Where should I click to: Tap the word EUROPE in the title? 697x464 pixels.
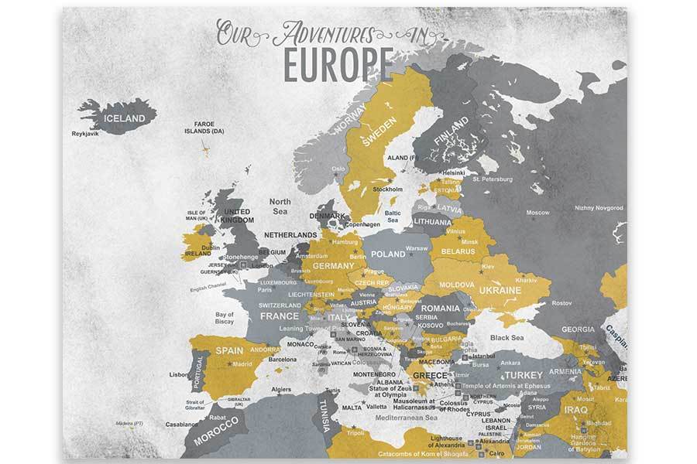click(x=337, y=65)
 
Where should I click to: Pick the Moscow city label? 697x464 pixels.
click(x=537, y=212)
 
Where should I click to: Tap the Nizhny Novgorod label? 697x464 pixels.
click(x=598, y=207)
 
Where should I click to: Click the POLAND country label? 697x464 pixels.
click(x=388, y=254)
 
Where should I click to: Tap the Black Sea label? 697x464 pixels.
click(x=507, y=337)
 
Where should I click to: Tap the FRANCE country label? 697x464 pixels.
click(x=279, y=316)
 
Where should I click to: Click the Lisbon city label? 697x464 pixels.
click(x=179, y=375)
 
